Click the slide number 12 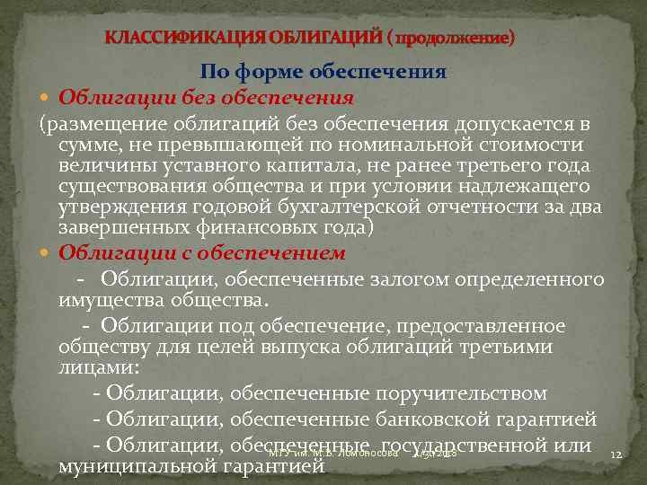point(616,455)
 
